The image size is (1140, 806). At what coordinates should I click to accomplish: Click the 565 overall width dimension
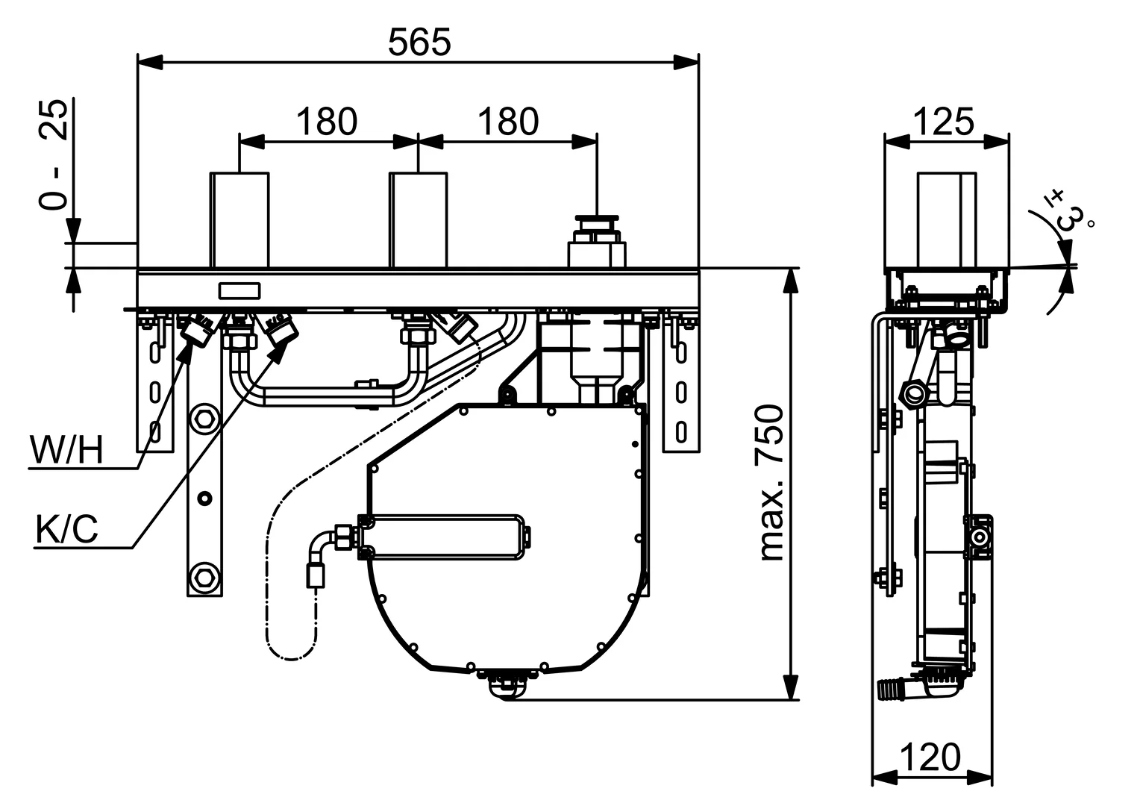tap(419, 43)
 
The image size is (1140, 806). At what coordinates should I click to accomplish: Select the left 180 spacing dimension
tap(327, 122)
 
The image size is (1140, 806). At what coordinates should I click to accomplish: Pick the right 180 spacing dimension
tap(507, 122)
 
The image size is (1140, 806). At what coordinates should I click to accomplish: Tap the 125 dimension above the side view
tap(944, 122)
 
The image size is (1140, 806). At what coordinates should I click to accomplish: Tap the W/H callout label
tap(66, 451)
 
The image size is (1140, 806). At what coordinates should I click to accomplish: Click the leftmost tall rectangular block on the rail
tap(239, 219)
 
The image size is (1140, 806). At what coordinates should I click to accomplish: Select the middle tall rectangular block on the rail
tap(419, 219)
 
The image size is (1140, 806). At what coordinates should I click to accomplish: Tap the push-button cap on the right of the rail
tap(596, 222)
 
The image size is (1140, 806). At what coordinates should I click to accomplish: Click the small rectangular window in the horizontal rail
tap(239, 290)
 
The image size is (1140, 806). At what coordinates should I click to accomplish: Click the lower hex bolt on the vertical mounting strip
tap(204, 577)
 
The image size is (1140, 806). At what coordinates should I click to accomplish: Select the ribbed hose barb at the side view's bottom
tap(891, 688)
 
